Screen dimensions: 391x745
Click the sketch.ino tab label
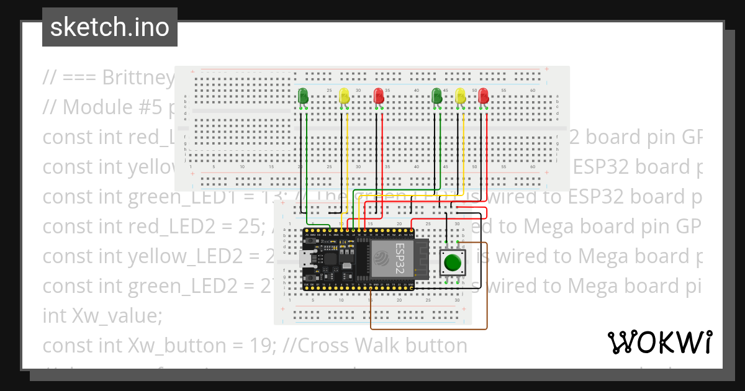pyautogui.click(x=110, y=27)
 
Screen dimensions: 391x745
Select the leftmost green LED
pyautogui.click(x=304, y=96)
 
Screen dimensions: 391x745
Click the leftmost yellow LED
pyautogui.click(x=345, y=96)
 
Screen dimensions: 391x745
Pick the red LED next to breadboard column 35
pyautogui.click(x=378, y=96)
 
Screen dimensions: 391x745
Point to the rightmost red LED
pyautogui.click(x=484, y=96)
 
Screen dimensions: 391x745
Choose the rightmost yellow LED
pyautogui.click(x=460, y=96)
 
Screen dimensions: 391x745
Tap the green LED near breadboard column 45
pyautogui.click(x=436, y=96)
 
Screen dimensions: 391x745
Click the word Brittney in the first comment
pyautogui.click(x=138, y=78)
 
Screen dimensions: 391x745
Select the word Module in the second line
pyautogui.click(x=94, y=107)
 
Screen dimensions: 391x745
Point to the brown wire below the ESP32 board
pyautogui.click(x=428, y=328)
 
